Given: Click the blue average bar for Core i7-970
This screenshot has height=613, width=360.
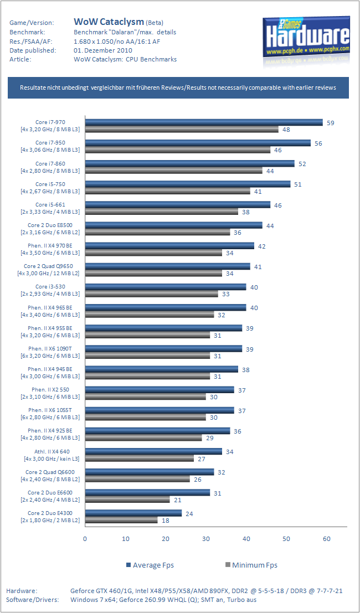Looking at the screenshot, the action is click(x=204, y=122).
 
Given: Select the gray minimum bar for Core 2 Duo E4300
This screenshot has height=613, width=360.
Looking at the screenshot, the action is click(x=121, y=520).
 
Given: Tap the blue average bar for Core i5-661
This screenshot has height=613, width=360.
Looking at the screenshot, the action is click(x=178, y=205).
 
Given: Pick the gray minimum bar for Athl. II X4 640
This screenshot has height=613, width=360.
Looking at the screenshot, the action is click(x=140, y=458).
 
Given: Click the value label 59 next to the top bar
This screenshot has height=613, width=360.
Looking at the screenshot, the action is click(x=331, y=123).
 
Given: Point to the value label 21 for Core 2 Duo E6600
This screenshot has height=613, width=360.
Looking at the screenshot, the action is click(x=177, y=499).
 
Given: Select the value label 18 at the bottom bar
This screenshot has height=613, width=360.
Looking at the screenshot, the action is click(x=166, y=521).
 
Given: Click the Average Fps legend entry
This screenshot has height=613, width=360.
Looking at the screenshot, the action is click(x=150, y=565).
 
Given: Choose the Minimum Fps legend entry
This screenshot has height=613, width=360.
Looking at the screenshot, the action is click(x=251, y=565).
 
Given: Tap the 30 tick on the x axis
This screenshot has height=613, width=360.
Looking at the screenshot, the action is click(x=206, y=539).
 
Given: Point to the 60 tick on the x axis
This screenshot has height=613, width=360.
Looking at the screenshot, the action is click(x=327, y=539).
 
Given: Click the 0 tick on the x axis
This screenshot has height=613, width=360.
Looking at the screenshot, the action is click(x=85, y=539).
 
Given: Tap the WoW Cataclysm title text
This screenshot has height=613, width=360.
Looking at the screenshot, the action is click(x=109, y=22).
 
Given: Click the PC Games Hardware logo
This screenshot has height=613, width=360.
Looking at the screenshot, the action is click(x=305, y=40).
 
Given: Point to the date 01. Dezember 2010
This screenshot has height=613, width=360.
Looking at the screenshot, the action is click(x=103, y=50).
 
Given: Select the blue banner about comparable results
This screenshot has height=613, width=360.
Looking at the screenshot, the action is click(x=178, y=88).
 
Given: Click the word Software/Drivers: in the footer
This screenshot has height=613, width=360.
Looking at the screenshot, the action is click(x=32, y=599).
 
